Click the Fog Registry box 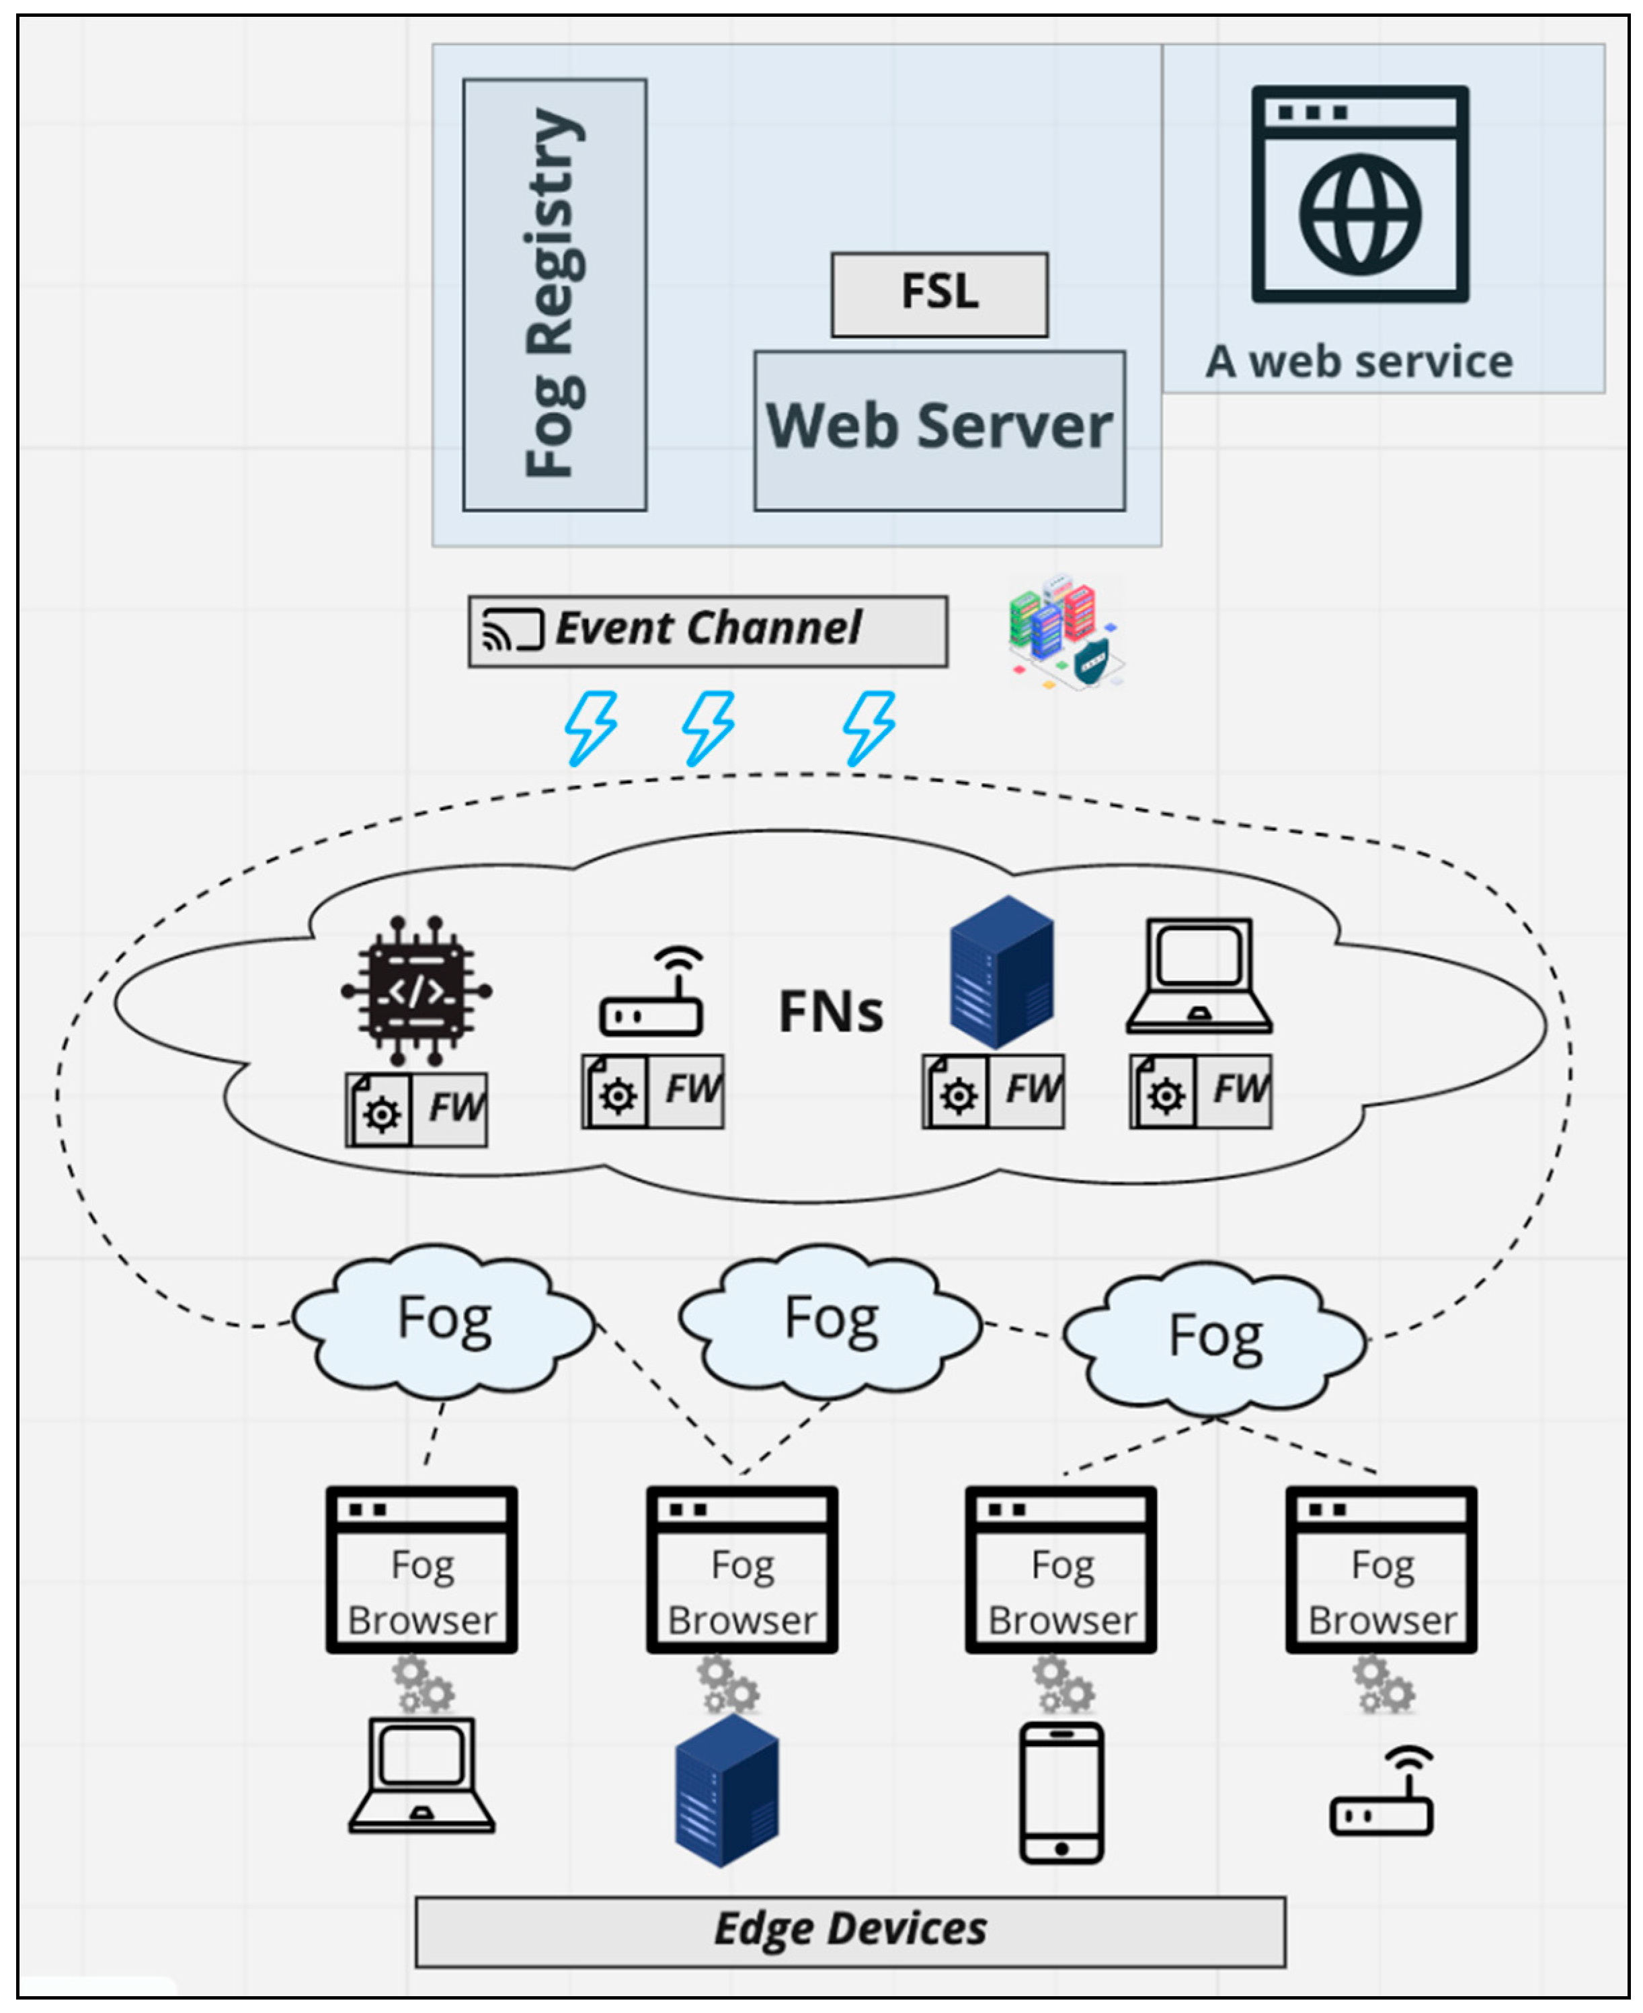coord(555,294)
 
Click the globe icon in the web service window coord(1359,215)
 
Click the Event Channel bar coord(707,630)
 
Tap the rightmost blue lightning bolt coord(869,727)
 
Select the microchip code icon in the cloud coord(416,990)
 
